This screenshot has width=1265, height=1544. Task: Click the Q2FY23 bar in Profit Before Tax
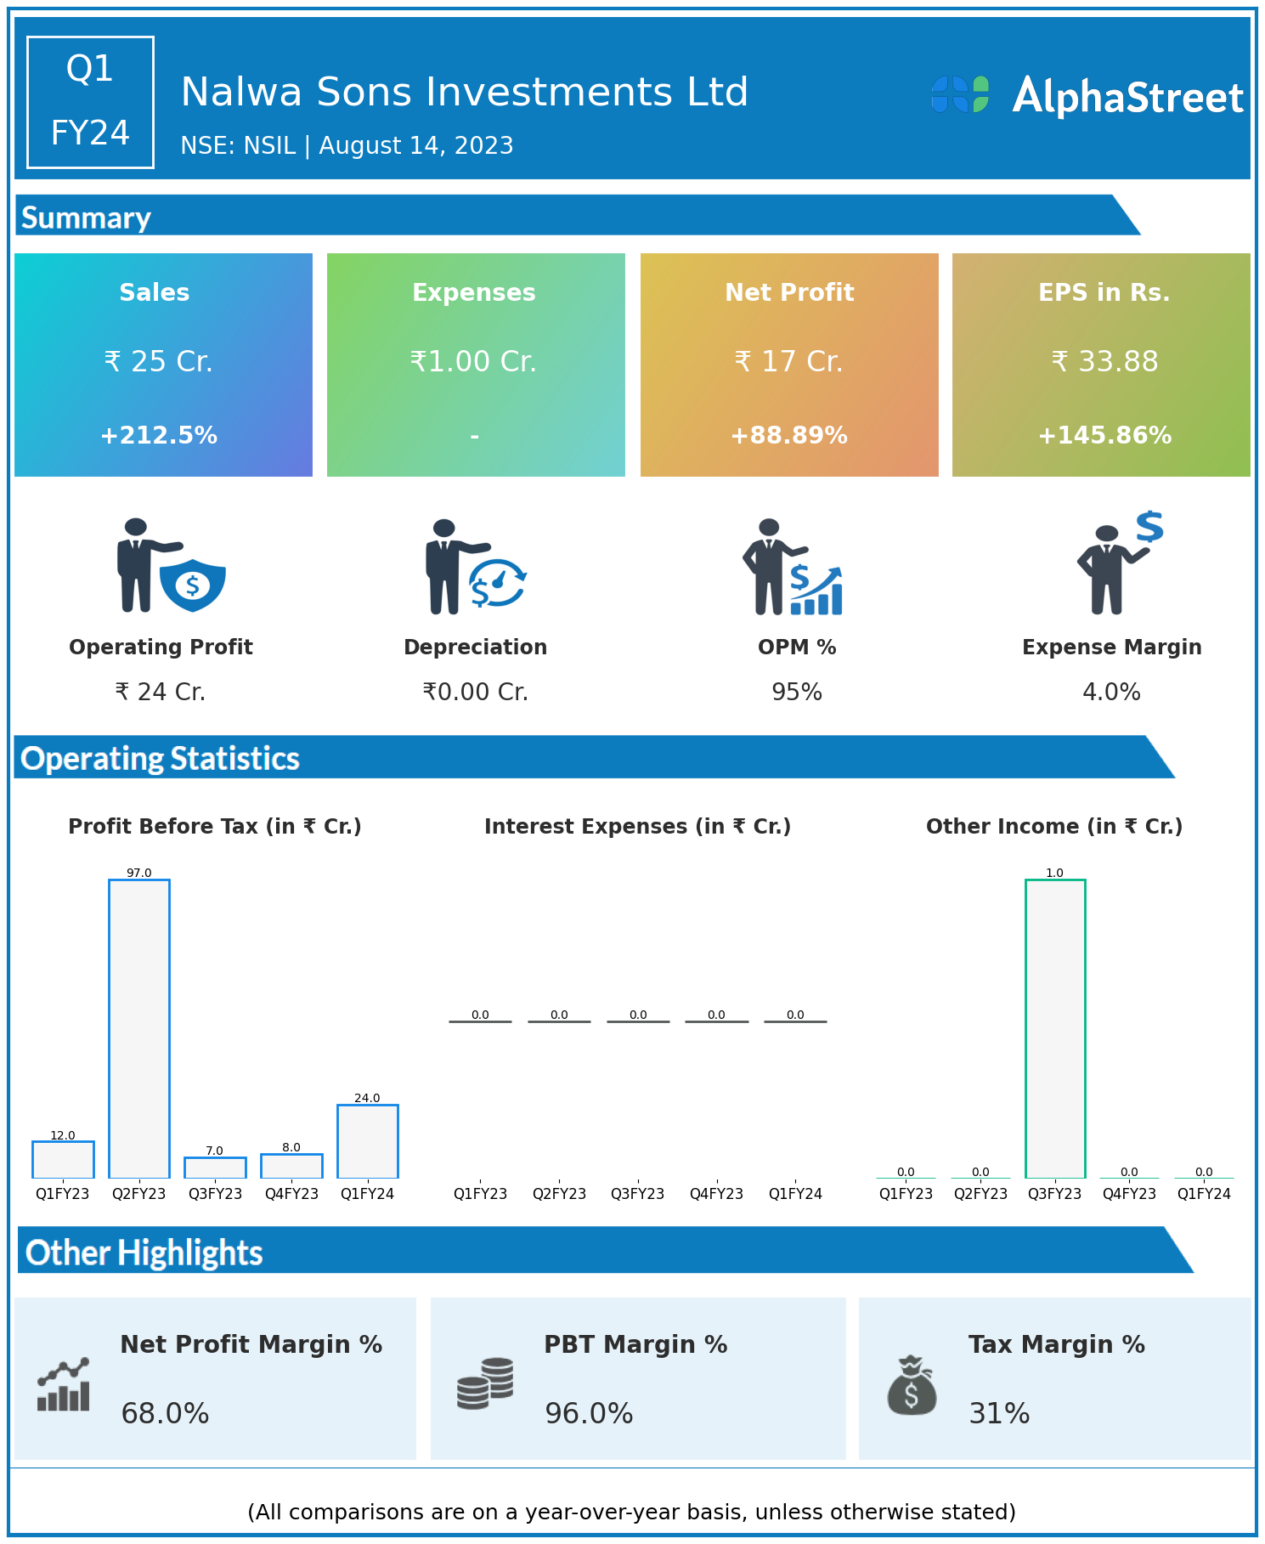139,1028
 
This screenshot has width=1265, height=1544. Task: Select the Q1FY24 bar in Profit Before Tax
368,1141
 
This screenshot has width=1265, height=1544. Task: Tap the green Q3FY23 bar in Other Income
1055,1028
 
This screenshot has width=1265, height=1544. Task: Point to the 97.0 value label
139,873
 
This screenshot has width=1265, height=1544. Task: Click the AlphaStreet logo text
1127,97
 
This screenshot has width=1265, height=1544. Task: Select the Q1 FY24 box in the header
90,102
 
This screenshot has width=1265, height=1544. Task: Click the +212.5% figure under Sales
159,435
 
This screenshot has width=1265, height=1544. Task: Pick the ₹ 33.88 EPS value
1104,361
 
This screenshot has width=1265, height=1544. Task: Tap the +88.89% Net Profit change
789,435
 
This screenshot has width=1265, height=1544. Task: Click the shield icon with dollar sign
193,585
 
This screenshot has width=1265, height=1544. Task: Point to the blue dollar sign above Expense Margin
1149,527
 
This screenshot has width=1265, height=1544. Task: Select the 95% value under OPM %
797,692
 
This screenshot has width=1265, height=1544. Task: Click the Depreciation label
475,647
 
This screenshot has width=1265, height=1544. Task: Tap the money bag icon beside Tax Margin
912,1386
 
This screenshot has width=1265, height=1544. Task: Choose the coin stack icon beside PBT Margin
485,1383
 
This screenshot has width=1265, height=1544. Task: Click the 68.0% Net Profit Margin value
165,1413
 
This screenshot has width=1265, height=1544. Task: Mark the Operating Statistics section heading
161,758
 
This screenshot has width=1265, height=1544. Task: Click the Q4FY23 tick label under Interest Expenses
716,1193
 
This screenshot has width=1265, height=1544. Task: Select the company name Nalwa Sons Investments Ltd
464,92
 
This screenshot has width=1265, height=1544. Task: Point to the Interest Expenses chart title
637,826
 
